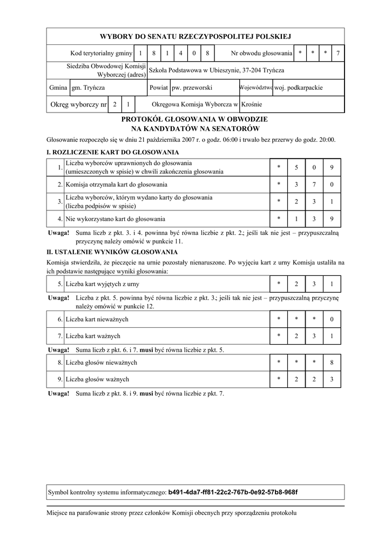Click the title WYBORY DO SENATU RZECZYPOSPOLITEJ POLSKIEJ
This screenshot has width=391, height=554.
195,36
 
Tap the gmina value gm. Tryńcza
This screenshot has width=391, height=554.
89,87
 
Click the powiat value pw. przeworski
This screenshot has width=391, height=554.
192,87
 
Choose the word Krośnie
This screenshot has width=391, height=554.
252,104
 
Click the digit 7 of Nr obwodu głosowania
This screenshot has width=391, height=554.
338,53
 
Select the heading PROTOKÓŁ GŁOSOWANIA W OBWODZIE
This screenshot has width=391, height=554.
195,119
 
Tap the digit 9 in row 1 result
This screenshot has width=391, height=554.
332,167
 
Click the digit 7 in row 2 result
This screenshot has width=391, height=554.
314,184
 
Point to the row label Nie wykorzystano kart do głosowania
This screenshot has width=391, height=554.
116,219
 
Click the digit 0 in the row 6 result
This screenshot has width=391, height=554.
332,319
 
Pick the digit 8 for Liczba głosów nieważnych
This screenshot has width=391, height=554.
332,362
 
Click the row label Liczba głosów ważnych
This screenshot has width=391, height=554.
98,379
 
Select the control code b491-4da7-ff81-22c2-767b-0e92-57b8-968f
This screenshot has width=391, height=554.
233,492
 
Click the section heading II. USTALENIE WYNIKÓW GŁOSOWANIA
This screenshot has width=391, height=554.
112,252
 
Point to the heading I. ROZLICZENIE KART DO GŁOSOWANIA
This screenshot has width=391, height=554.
113,153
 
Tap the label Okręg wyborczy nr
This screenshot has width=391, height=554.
78,104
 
